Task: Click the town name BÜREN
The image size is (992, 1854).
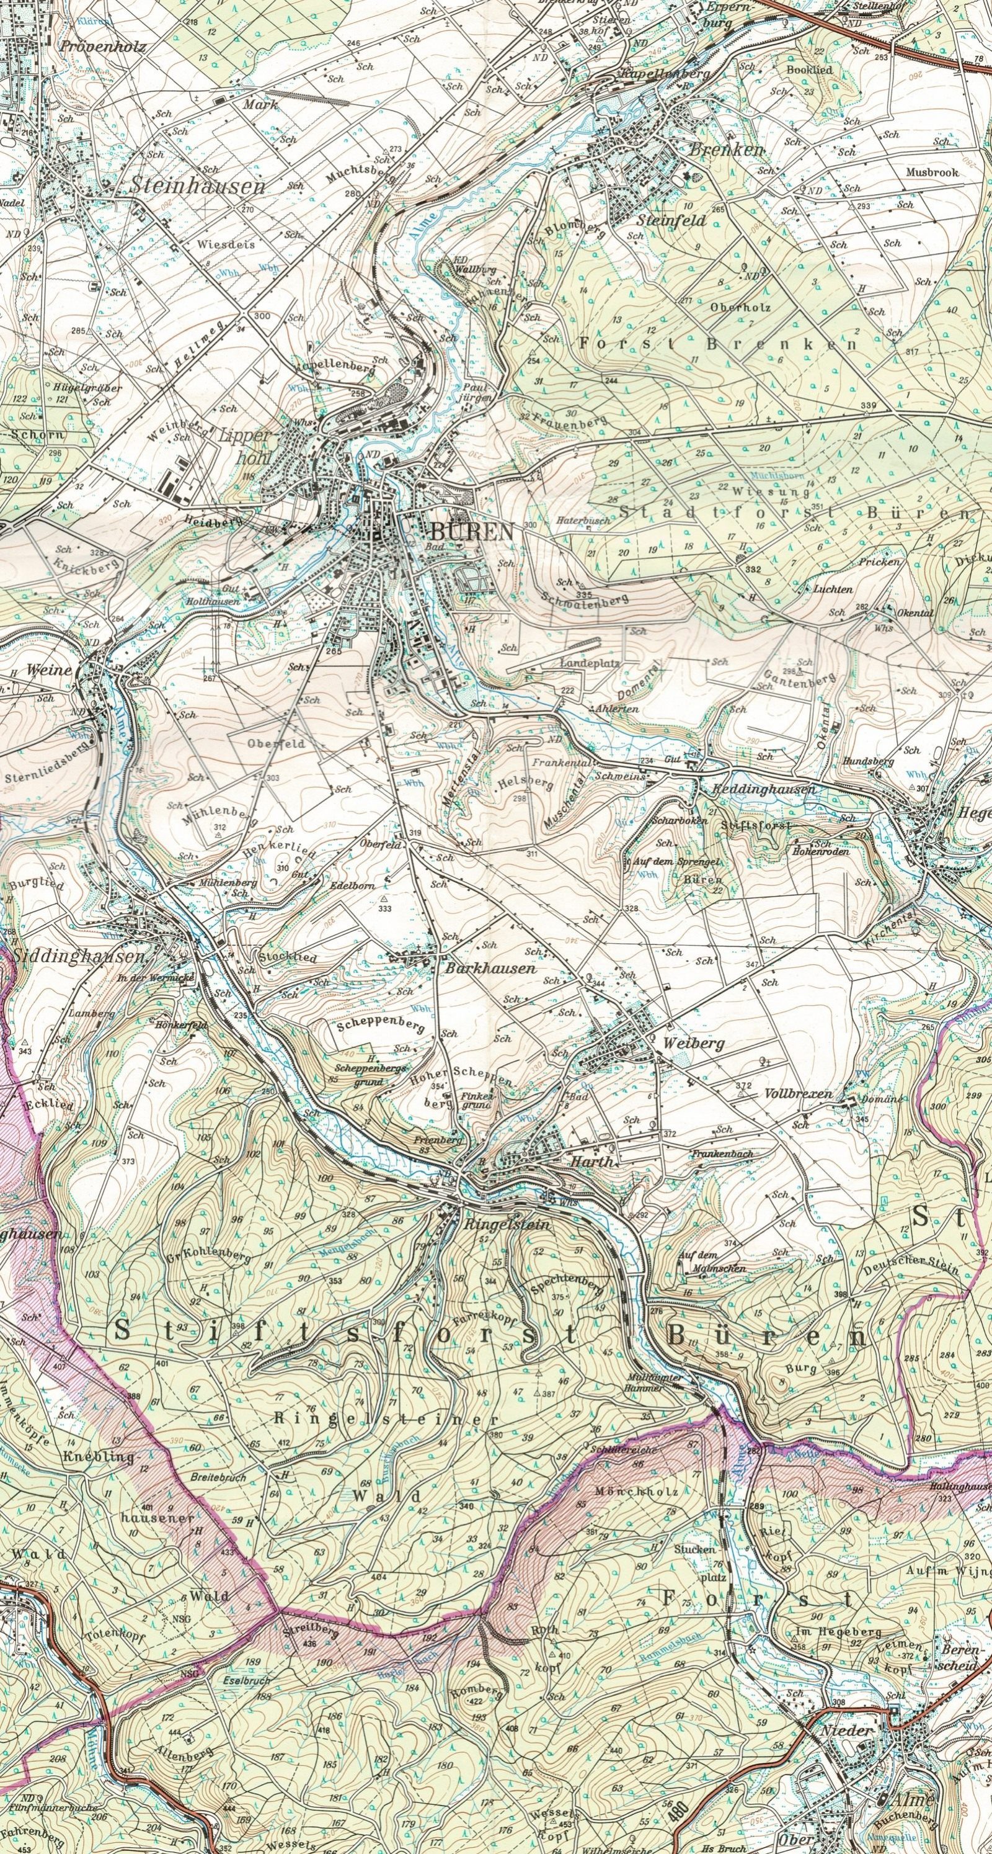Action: (x=472, y=532)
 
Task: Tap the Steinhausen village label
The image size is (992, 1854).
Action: (x=197, y=186)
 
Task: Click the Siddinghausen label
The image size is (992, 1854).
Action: (x=77, y=958)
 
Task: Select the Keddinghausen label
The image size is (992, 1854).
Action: (x=763, y=789)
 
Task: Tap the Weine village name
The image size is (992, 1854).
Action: (x=49, y=670)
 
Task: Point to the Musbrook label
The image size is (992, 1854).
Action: (x=932, y=174)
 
